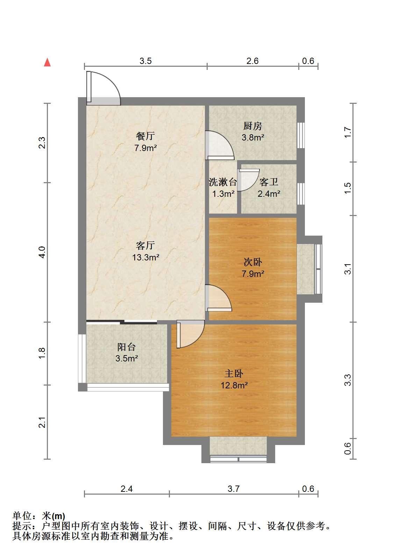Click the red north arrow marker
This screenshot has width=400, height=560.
(x=47, y=63)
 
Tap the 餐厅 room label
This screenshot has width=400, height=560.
(x=145, y=136)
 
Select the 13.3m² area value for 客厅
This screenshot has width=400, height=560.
(x=146, y=257)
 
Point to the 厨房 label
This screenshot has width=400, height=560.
(x=253, y=126)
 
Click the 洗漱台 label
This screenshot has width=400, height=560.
(x=223, y=182)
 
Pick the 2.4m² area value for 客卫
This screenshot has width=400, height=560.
(x=269, y=194)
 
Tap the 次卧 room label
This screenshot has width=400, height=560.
(x=253, y=262)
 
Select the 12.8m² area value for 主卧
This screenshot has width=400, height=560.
(x=234, y=385)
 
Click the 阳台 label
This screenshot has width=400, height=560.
(x=127, y=347)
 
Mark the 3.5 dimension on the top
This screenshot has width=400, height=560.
(x=145, y=61)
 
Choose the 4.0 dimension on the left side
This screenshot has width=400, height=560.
(x=42, y=252)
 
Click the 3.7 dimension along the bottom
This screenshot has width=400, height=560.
(x=234, y=488)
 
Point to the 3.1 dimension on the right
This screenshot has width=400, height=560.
(x=348, y=269)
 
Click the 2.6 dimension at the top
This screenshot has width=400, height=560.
(x=252, y=61)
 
